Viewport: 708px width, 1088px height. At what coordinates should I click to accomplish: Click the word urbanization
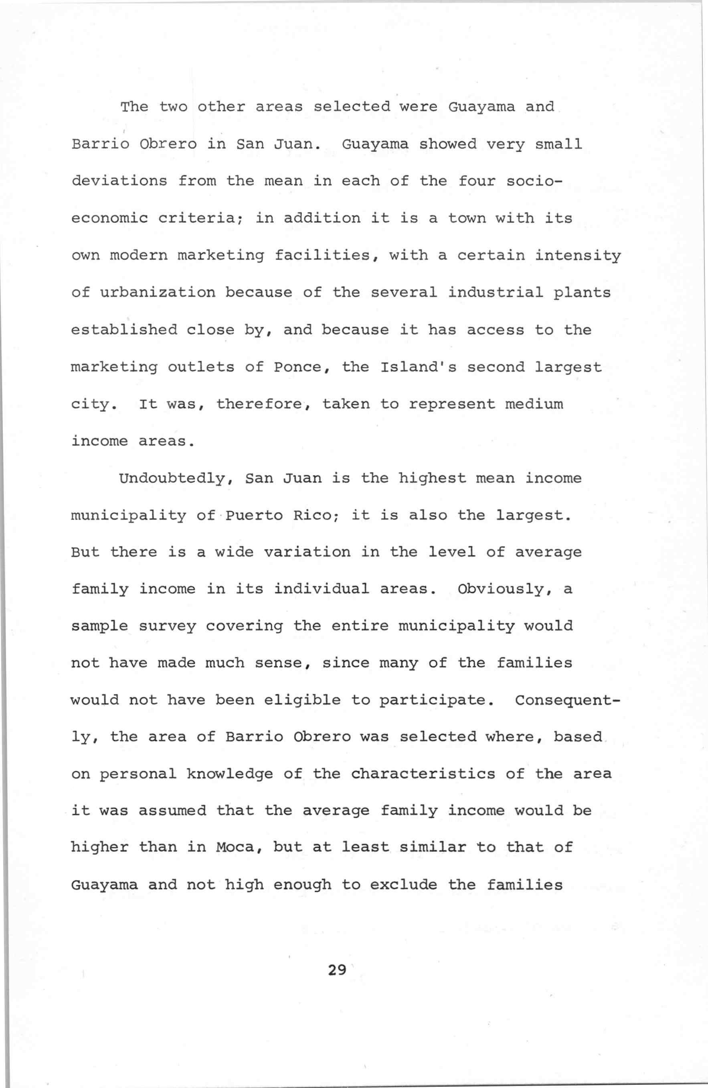click(x=158, y=293)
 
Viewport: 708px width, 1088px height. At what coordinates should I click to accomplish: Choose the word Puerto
click(x=255, y=516)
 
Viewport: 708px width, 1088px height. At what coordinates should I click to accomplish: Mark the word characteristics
click(x=423, y=773)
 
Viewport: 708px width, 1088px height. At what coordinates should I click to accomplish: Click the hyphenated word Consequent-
click(x=568, y=700)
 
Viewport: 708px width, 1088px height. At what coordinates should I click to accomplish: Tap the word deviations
click(x=119, y=181)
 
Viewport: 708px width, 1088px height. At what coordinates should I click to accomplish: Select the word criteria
click(x=202, y=218)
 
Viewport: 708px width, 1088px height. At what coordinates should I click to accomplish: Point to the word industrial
click(x=495, y=293)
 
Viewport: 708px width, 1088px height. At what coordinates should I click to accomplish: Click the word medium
click(x=534, y=404)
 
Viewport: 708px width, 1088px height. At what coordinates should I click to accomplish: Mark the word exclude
click(x=403, y=885)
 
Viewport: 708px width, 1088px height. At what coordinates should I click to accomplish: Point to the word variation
click(x=307, y=552)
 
